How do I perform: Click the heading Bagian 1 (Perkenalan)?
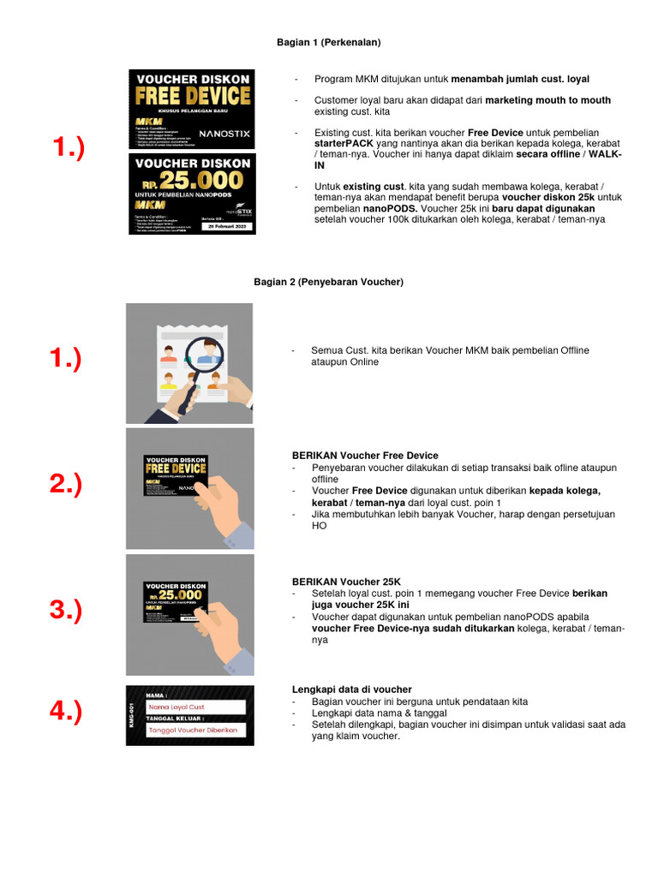(328, 41)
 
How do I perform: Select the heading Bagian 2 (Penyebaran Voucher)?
(328, 281)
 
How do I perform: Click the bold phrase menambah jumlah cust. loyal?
(520, 79)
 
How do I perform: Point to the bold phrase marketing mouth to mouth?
(548, 100)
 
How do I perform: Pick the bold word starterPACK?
(340, 144)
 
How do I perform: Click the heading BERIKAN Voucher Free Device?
(365, 456)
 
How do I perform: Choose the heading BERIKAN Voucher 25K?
(346, 582)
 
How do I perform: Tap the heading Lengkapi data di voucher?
(352, 689)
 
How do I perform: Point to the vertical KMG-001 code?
(134, 716)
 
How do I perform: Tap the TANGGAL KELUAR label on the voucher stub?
(172, 719)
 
